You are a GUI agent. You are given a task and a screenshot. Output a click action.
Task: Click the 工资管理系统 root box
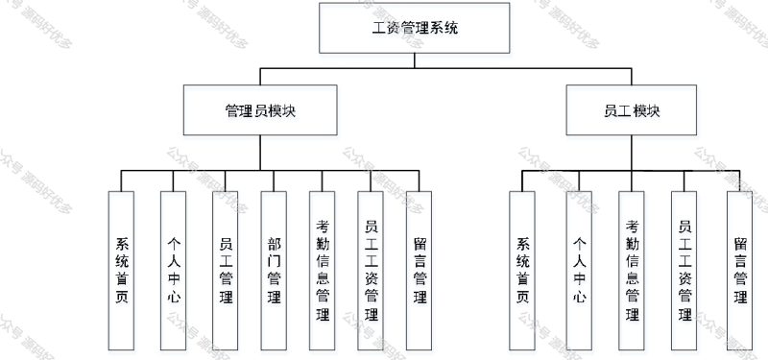coord(415,28)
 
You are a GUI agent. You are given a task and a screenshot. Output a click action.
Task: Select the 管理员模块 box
coord(259,110)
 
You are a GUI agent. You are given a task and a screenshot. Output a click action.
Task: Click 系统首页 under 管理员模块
coord(121,269)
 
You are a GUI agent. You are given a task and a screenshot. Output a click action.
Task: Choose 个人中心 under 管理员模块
coord(173,269)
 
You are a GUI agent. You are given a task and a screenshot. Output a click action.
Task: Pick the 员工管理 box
coord(226,269)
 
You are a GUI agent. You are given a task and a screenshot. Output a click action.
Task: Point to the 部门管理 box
coord(274,269)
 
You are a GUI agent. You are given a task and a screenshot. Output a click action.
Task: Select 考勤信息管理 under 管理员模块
coord(322,269)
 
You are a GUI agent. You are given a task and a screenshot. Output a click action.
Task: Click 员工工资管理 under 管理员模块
coord(371,269)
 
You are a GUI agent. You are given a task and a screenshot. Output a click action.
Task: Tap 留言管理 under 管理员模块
coord(419,269)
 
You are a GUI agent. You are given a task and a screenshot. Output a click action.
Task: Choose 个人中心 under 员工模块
coord(579,269)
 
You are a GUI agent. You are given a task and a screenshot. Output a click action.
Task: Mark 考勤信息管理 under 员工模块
coord(632,269)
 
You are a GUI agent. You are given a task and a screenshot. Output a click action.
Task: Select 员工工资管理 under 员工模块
coord(684,269)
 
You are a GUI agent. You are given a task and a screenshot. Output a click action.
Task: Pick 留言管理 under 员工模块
coord(739,269)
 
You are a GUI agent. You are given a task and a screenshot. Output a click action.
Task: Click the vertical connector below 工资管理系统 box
coord(415,60)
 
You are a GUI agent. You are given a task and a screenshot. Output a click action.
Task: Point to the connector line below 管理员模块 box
coord(259,153)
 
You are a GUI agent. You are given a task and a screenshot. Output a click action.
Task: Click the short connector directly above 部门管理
coord(274,180)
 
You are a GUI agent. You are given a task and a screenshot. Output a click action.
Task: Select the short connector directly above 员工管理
coord(226,180)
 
